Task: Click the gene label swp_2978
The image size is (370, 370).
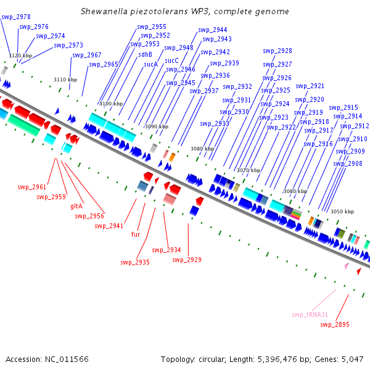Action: (16, 17)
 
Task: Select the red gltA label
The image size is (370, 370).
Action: (76, 206)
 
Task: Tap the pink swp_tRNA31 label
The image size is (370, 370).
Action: (310, 314)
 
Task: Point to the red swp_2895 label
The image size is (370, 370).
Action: (335, 325)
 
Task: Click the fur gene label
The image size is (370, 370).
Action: (136, 234)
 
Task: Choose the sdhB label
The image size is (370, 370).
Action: (145, 54)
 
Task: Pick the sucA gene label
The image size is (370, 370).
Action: (151, 64)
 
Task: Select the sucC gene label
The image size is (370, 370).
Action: (171, 61)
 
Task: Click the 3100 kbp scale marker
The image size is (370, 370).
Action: (111, 104)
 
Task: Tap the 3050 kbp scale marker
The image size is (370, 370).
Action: (342, 212)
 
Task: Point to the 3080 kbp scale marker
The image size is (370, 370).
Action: (202, 149)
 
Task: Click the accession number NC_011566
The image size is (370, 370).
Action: (67, 360)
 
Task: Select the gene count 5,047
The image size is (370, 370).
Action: (353, 360)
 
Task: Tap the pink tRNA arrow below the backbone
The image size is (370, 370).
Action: (347, 266)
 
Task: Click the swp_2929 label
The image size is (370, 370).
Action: (187, 260)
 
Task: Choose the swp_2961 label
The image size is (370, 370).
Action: (32, 187)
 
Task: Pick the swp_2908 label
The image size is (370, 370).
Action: (348, 163)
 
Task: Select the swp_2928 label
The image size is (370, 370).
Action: (277, 51)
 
